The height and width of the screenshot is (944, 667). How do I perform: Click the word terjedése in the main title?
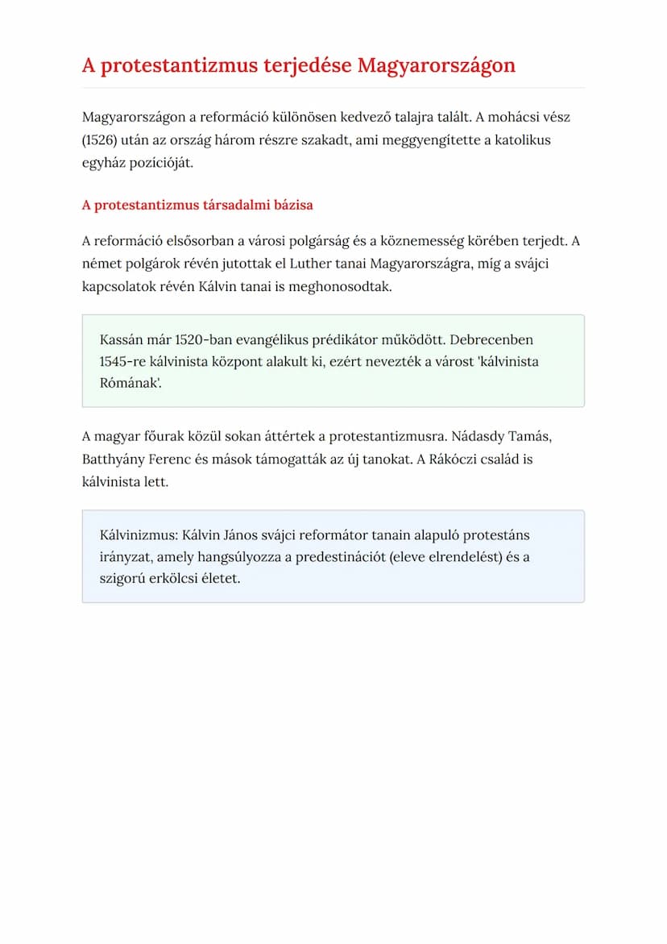click(x=307, y=65)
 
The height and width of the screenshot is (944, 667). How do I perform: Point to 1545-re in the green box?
click(x=123, y=361)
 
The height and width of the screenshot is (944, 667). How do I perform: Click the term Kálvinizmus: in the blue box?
click(x=138, y=534)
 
